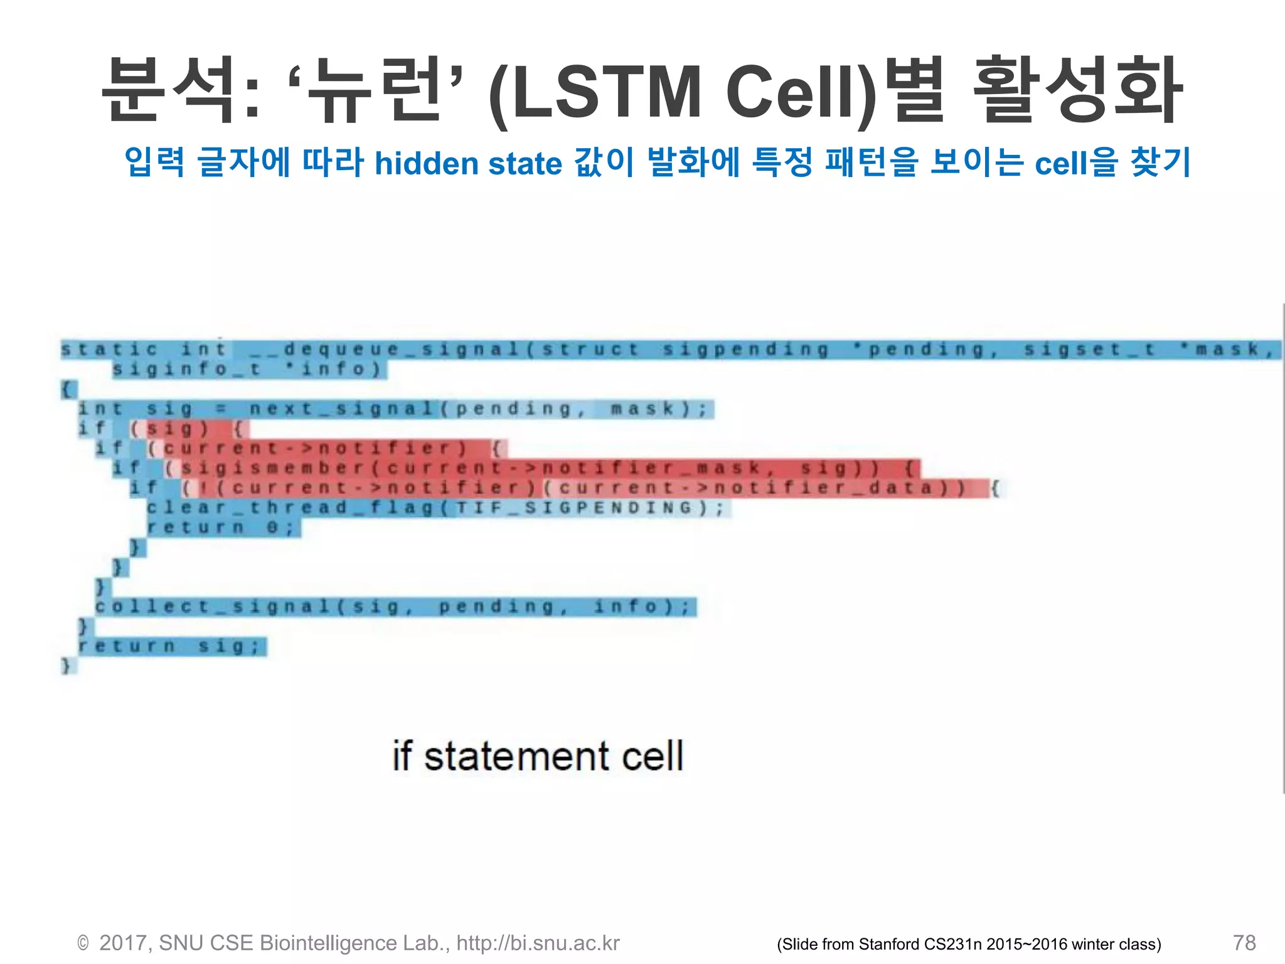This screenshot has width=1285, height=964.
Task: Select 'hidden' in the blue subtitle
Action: coord(427,164)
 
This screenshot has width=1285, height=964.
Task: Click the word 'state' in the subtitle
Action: coord(525,164)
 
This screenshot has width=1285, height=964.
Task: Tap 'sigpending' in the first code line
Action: coord(745,349)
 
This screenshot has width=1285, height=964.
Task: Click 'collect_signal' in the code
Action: coord(212,607)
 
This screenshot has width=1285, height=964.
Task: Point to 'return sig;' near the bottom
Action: coord(169,646)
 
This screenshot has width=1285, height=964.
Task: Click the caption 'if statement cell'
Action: coord(538,756)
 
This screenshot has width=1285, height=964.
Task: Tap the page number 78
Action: coord(1244,943)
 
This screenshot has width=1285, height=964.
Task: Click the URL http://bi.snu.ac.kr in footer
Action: coord(538,943)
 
